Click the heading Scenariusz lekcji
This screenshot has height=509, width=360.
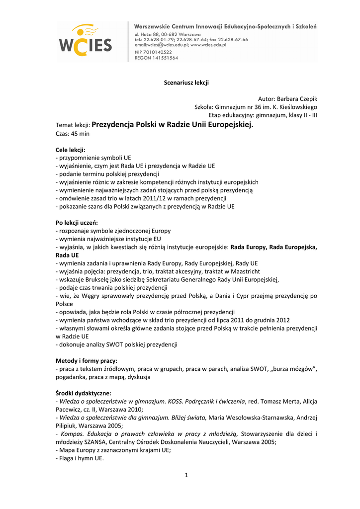[x=186, y=83]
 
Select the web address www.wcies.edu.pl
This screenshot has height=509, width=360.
[x=208, y=45]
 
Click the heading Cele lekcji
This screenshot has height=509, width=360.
[x=70, y=150]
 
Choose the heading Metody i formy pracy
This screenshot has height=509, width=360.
[x=86, y=361]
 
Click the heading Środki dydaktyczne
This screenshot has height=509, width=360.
[x=83, y=393]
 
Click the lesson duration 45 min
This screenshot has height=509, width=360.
[x=81, y=133]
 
